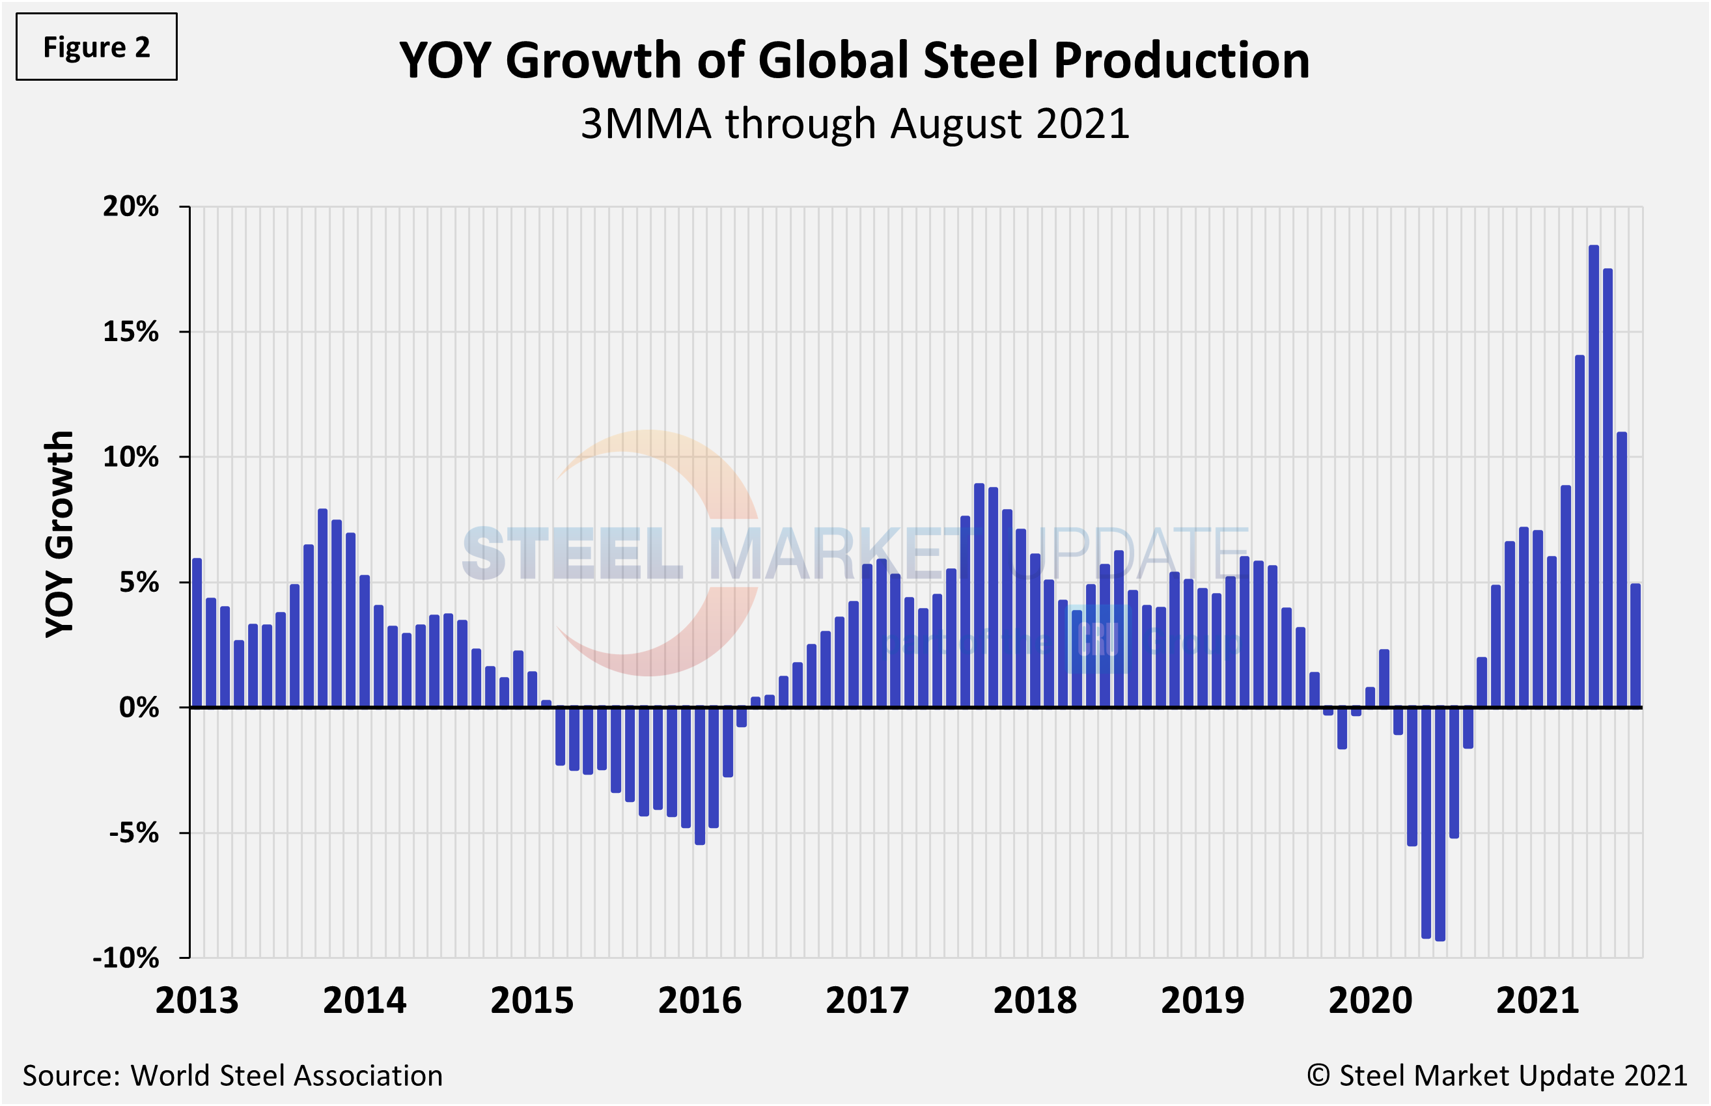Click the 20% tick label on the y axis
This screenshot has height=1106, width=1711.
pos(131,206)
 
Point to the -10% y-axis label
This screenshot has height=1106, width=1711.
pos(126,958)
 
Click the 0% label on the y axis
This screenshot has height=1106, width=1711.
pos(139,708)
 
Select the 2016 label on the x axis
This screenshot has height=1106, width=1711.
pos(700,1001)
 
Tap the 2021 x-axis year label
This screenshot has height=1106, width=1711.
pos(1537,1001)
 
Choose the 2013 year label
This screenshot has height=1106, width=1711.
pos(197,1001)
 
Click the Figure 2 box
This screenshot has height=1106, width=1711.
pos(96,47)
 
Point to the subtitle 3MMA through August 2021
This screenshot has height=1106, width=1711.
pos(855,124)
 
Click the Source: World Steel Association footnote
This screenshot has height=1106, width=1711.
pos(232,1075)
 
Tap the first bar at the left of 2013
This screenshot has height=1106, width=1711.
pos(197,632)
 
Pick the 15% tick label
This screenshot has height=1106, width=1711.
pos(131,331)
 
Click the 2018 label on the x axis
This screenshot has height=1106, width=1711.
pos(1035,1001)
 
